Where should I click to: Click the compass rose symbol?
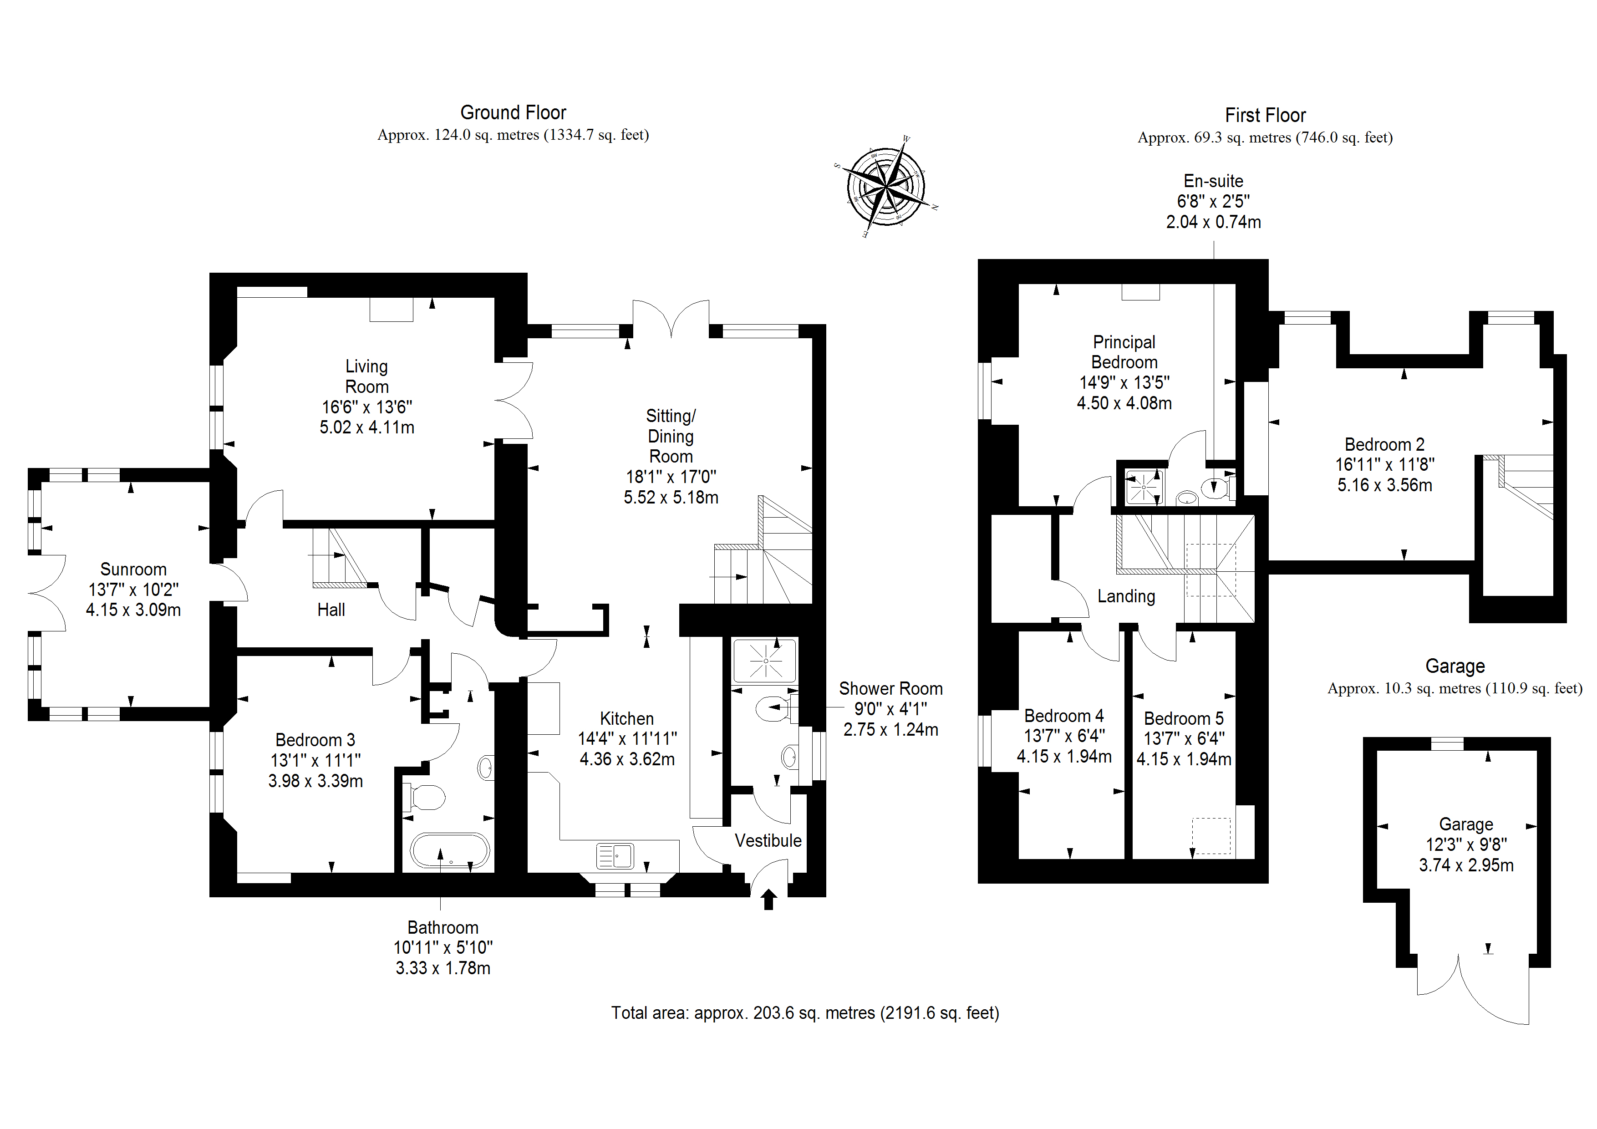(885, 187)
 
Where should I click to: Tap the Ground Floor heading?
(514, 113)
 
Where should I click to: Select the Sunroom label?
(133, 569)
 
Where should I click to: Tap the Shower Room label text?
(890, 689)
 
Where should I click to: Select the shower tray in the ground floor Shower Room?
(764, 660)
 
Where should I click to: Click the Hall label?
(331, 610)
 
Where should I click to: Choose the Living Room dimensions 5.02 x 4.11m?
(366, 427)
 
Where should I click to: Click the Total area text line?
(805, 1013)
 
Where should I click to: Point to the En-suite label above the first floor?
(1213, 181)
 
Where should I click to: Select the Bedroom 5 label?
(1183, 718)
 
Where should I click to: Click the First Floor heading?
(1265, 116)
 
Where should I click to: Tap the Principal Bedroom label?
(1124, 352)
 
